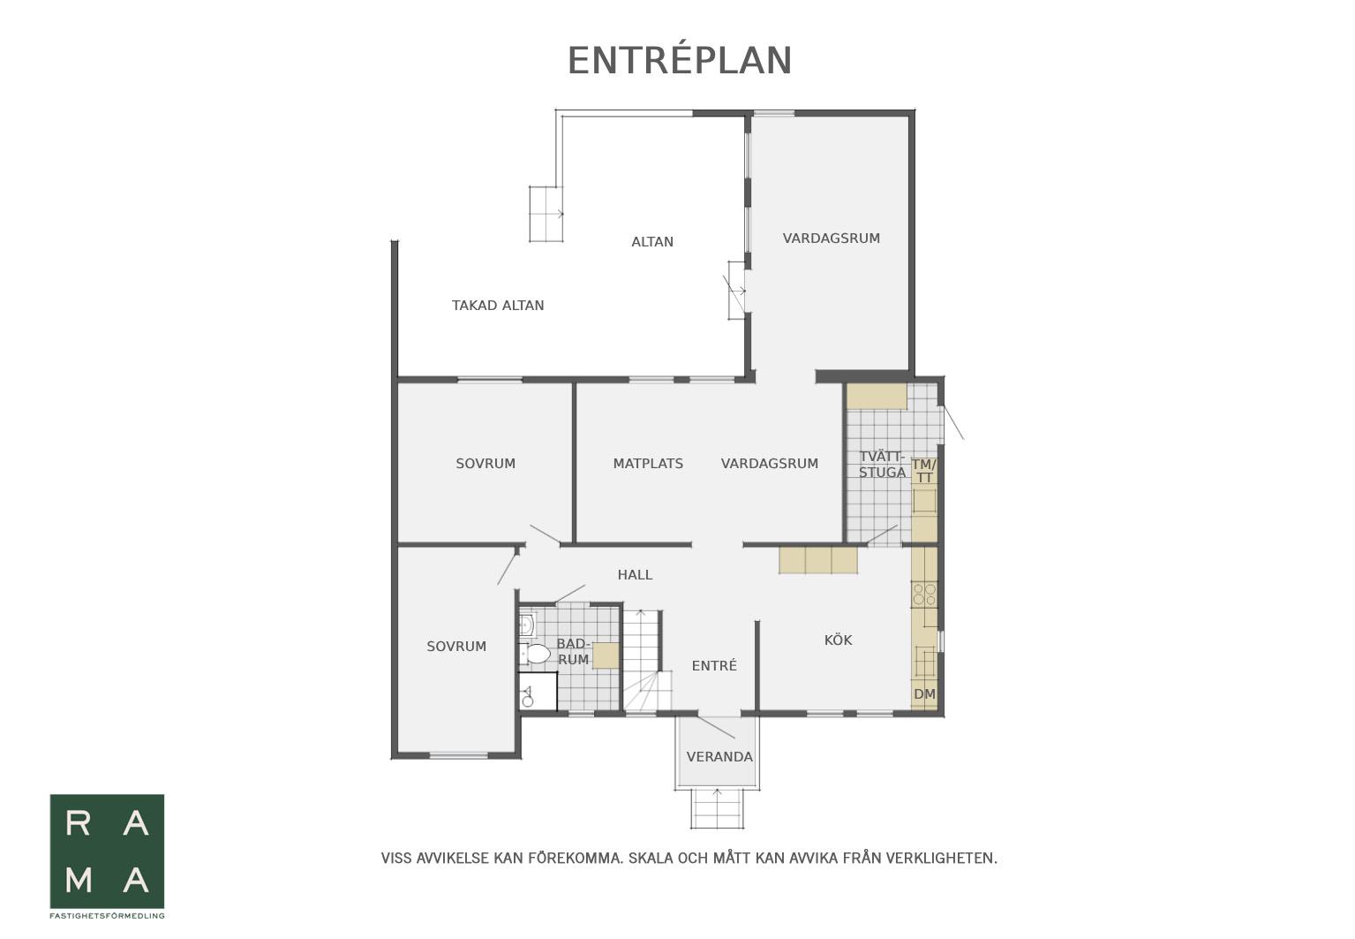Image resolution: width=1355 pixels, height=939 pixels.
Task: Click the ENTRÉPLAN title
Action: [x=680, y=61]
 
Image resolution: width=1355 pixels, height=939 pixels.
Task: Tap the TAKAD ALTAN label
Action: [x=498, y=306]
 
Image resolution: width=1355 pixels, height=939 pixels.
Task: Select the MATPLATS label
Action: [x=648, y=464]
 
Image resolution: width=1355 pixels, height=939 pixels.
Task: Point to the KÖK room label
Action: [x=838, y=640]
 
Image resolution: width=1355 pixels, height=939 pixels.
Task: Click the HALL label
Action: [x=635, y=574]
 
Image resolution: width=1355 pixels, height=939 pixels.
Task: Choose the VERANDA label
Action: [x=719, y=757]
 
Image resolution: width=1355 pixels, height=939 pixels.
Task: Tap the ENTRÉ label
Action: [x=714, y=665]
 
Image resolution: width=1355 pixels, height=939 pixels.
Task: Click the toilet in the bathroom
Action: [x=535, y=654]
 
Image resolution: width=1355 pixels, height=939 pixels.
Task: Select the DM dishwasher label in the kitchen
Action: [x=924, y=694]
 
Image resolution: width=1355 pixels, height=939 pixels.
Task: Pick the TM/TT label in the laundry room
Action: [x=924, y=471]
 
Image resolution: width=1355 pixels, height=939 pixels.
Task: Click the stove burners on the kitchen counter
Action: [x=924, y=594]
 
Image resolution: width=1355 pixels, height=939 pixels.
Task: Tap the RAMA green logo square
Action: [x=107, y=852]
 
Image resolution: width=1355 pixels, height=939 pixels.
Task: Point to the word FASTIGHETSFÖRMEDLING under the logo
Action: [x=107, y=916]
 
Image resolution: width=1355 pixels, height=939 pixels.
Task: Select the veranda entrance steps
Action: [x=718, y=809]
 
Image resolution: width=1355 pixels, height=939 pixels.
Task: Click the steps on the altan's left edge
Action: [x=546, y=215]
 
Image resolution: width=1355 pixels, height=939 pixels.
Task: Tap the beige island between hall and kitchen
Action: [x=817, y=560]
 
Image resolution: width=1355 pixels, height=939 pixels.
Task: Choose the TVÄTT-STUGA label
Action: [x=882, y=465]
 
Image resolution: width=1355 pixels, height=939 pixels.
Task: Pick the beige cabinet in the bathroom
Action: [x=606, y=655]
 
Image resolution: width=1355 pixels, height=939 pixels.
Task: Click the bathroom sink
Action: [x=526, y=624]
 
